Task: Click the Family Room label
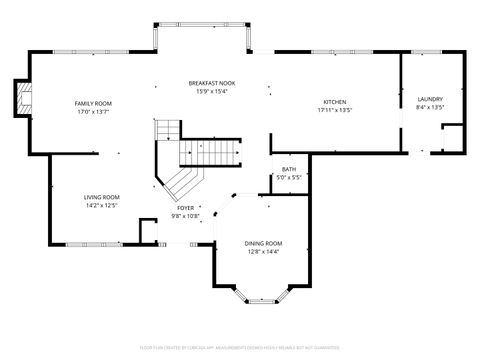(x=93, y=103)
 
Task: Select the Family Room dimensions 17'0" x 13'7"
(x=93, y=111)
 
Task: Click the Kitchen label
(x=333, y=102)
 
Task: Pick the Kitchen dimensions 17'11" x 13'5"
(x=333, y=110)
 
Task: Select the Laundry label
(x=430, y=99)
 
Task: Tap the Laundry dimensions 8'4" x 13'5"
(x=430, y=107)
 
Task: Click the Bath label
(x=288, y=169)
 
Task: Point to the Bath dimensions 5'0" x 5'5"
(x=288, y=178)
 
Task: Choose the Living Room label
(x=101, y=197)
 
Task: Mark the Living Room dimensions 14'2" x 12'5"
(x=101, y=206)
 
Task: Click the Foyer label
(x=186, y=207)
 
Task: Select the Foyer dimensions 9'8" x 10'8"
(x=186, y=216)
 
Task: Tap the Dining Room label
(x=264, y=243)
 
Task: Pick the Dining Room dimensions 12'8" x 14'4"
(x=264, y=252)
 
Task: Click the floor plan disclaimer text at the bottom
(x=239, y=347)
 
